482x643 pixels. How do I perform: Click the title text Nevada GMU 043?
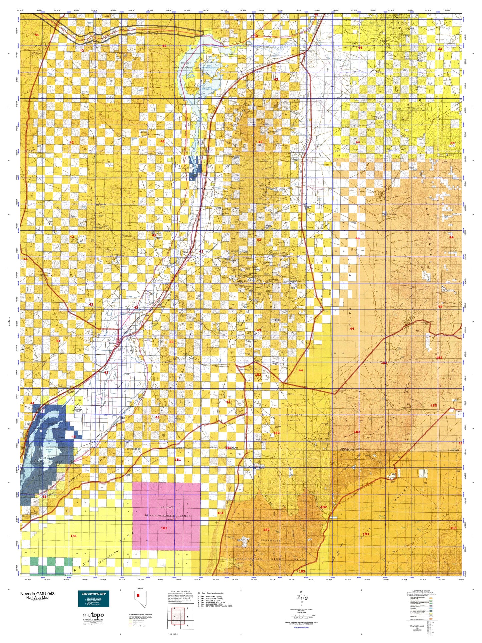click(37, 594)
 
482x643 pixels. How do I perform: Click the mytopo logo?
click(93, 615)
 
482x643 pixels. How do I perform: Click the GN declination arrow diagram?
click(302, 597)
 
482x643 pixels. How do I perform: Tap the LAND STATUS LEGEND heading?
click(422, 591)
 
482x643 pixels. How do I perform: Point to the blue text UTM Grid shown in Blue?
click(301, 627)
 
